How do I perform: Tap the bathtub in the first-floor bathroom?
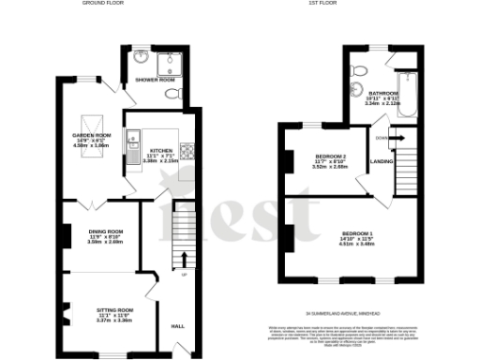point(407,94)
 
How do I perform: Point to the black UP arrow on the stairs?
point(184,259)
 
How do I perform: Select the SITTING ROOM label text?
point(114,308)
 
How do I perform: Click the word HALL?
point(177,326)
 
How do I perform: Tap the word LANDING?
point(382,162)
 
